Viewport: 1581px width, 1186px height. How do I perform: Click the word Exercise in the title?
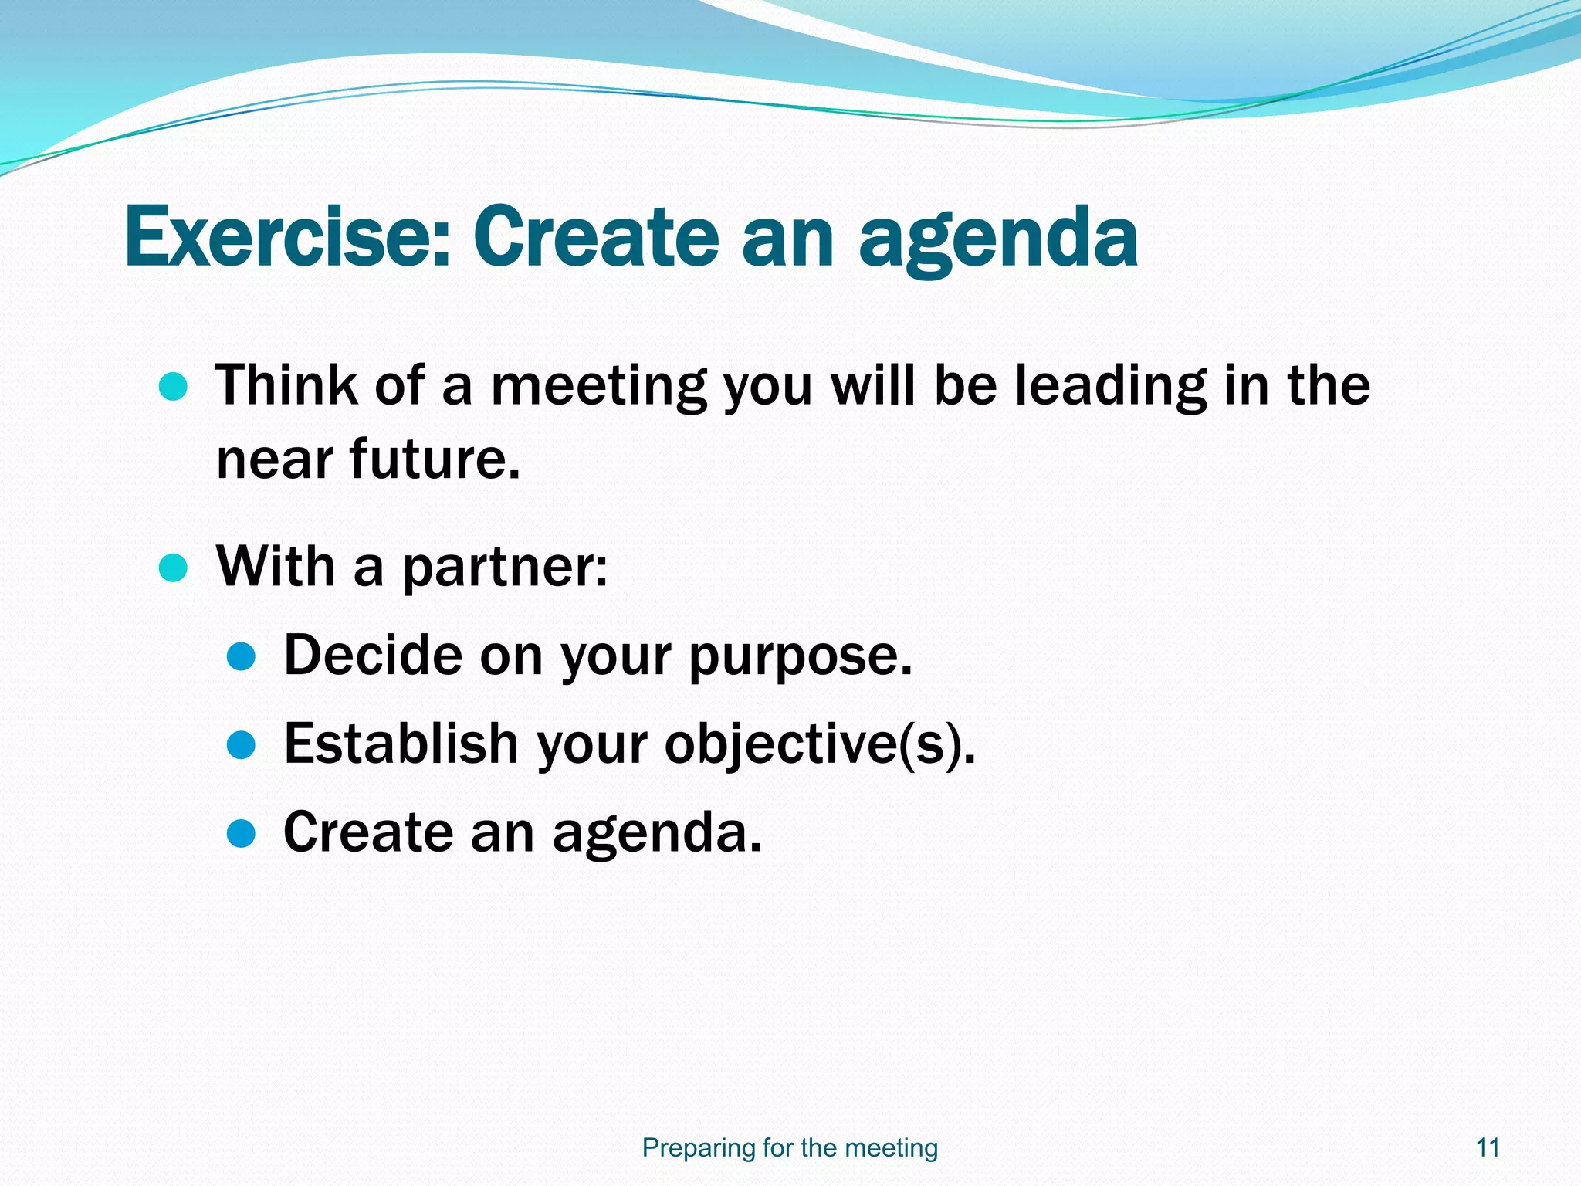(x=286, y=236)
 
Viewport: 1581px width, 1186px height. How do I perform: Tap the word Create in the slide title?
(x=596, y=236)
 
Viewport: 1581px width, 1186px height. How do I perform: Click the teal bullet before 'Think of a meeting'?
(x=173, y=386)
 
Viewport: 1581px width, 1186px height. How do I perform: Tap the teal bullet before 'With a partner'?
(x=173, y=568)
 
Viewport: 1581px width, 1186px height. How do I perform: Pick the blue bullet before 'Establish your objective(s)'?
(x=242, y=745)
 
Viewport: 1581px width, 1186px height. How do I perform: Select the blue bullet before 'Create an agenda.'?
(x=242, y=833)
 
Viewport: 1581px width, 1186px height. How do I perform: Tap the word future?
(x=435, y=459)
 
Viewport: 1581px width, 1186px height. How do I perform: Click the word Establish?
(x=401, y=744)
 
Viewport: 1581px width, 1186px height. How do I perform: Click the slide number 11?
(x=1488, y=1147)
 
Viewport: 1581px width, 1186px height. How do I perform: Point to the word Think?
(x=286, y=385)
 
